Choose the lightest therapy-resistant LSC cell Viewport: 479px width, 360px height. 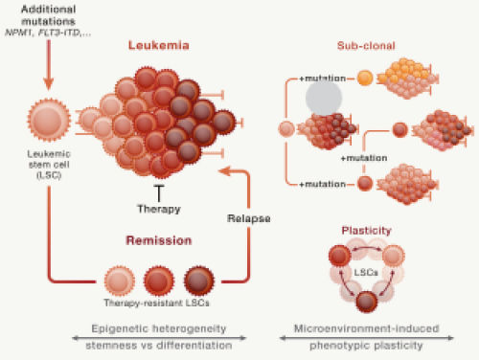click(119, 281)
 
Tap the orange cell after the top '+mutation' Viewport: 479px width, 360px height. click(365, 77)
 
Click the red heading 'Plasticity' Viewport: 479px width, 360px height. click(364, 231)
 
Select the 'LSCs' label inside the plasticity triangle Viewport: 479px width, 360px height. click(365, 275)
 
